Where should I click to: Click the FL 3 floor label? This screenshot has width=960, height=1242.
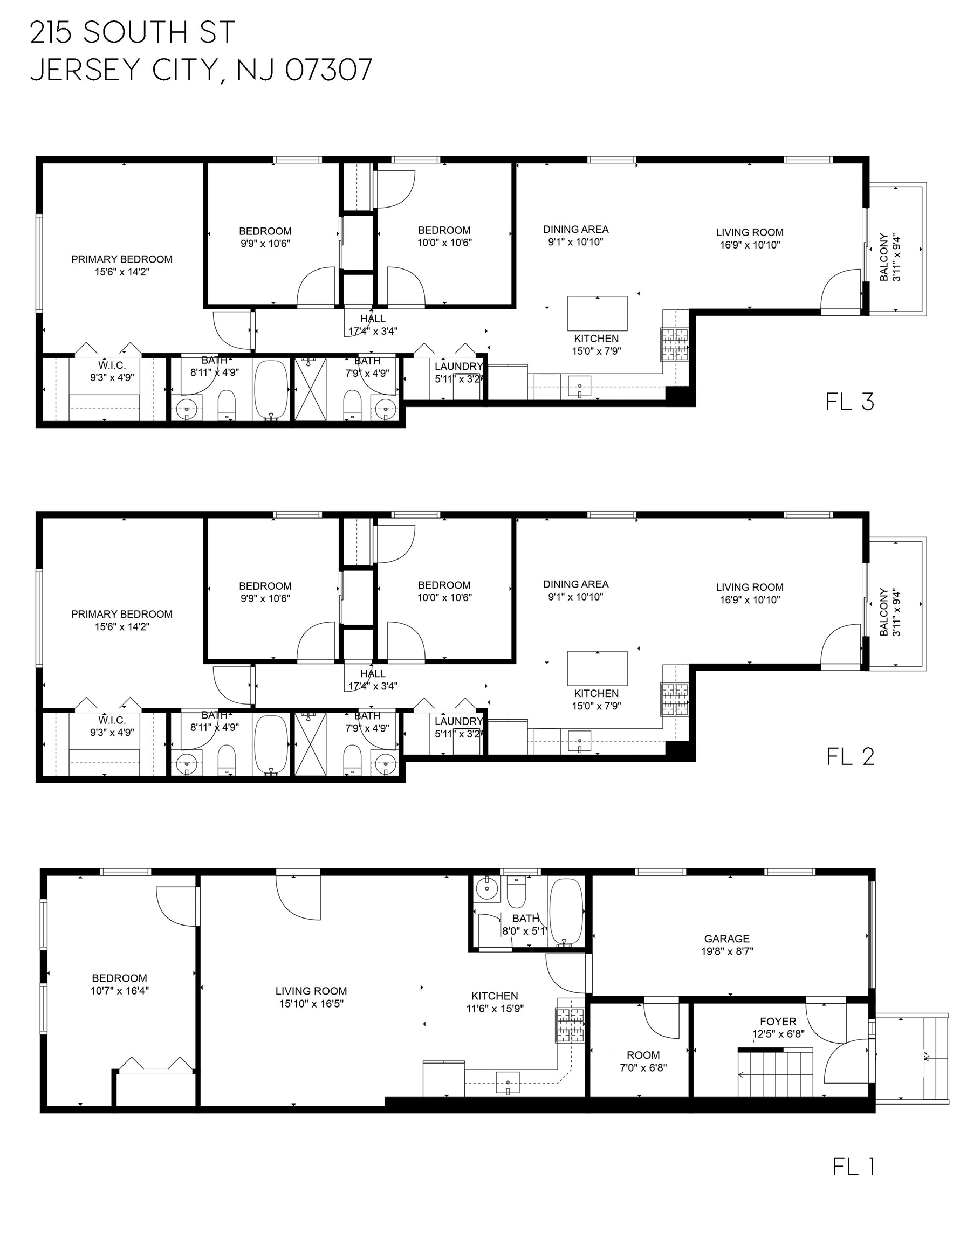tap(849, 402)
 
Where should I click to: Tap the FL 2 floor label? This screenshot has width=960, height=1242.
tap(850, 756)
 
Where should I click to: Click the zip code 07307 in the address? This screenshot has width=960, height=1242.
tap(328, 70)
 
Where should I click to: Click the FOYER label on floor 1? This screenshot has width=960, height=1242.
tap(778, 1022)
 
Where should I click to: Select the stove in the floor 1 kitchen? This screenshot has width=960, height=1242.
tap(570, 1025)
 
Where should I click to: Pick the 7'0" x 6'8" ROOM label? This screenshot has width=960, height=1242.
tap(643, 1061)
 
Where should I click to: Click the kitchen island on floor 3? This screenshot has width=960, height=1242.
tap(597, 313)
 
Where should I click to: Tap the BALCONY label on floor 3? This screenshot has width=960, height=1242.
tap(884, 257)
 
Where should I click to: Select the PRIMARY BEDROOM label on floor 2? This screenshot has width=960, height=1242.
tap(122, 614)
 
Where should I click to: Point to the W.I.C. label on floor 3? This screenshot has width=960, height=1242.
tap(112, 365)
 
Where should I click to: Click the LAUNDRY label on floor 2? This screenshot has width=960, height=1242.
tap(458, 721)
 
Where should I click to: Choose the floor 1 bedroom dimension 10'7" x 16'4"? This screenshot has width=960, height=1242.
tap(120, 991)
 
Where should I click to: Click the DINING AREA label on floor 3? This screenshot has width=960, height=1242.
tap(576, 229)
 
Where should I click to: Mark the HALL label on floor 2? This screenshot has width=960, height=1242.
tap(373, 673)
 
